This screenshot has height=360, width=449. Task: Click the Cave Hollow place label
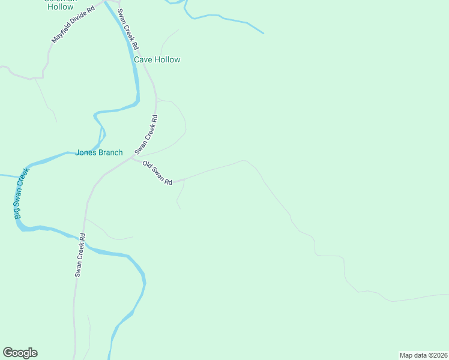click(157, 60)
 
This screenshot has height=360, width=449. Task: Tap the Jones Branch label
click(98, 152)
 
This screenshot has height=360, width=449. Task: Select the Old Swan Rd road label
click(158, 173)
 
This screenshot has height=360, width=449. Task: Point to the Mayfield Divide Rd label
click(73, 25)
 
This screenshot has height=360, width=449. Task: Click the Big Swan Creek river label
click(22, 193)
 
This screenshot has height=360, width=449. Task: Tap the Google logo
click(20, 353)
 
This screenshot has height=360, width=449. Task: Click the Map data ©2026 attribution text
click(423, 355)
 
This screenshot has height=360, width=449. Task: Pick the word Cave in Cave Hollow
click(143, 60)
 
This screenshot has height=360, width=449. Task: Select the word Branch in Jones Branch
click(110, 152)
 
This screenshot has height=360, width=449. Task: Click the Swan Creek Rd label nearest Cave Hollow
click(128, 29)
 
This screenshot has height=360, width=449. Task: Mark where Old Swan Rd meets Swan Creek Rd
click(131, 159)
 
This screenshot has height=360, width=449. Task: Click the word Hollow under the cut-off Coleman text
click(61, 7)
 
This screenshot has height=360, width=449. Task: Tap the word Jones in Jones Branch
click(86, 152)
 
